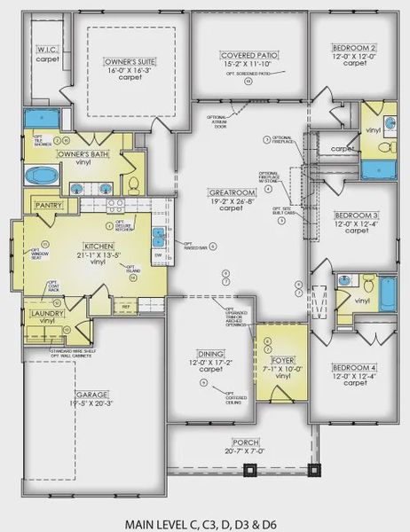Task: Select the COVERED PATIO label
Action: [x=249, y=55]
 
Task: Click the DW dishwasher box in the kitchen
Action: [x=159, y=255]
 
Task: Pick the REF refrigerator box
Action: [x=127, y=307]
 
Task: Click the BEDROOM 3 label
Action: [x=356, y=215]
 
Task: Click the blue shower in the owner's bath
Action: [x=39, y=118]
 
